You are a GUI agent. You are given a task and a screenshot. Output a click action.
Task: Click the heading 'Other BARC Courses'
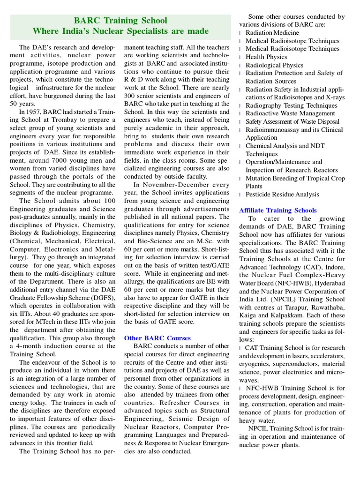click(157, 338)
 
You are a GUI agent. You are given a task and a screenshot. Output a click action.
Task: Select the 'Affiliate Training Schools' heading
click(278, 210)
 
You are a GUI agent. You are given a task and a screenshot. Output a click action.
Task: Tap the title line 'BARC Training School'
click(120, 21)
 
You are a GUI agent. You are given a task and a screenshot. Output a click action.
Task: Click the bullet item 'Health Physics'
click(266, 57)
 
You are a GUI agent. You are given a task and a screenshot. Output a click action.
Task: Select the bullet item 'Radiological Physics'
click(274, 65)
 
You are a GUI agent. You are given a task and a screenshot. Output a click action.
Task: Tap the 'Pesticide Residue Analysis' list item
click(282, 195)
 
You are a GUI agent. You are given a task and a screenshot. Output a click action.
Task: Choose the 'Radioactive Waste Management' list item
click(290, 113)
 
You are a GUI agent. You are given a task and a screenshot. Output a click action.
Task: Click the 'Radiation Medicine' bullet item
click(272, 33)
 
